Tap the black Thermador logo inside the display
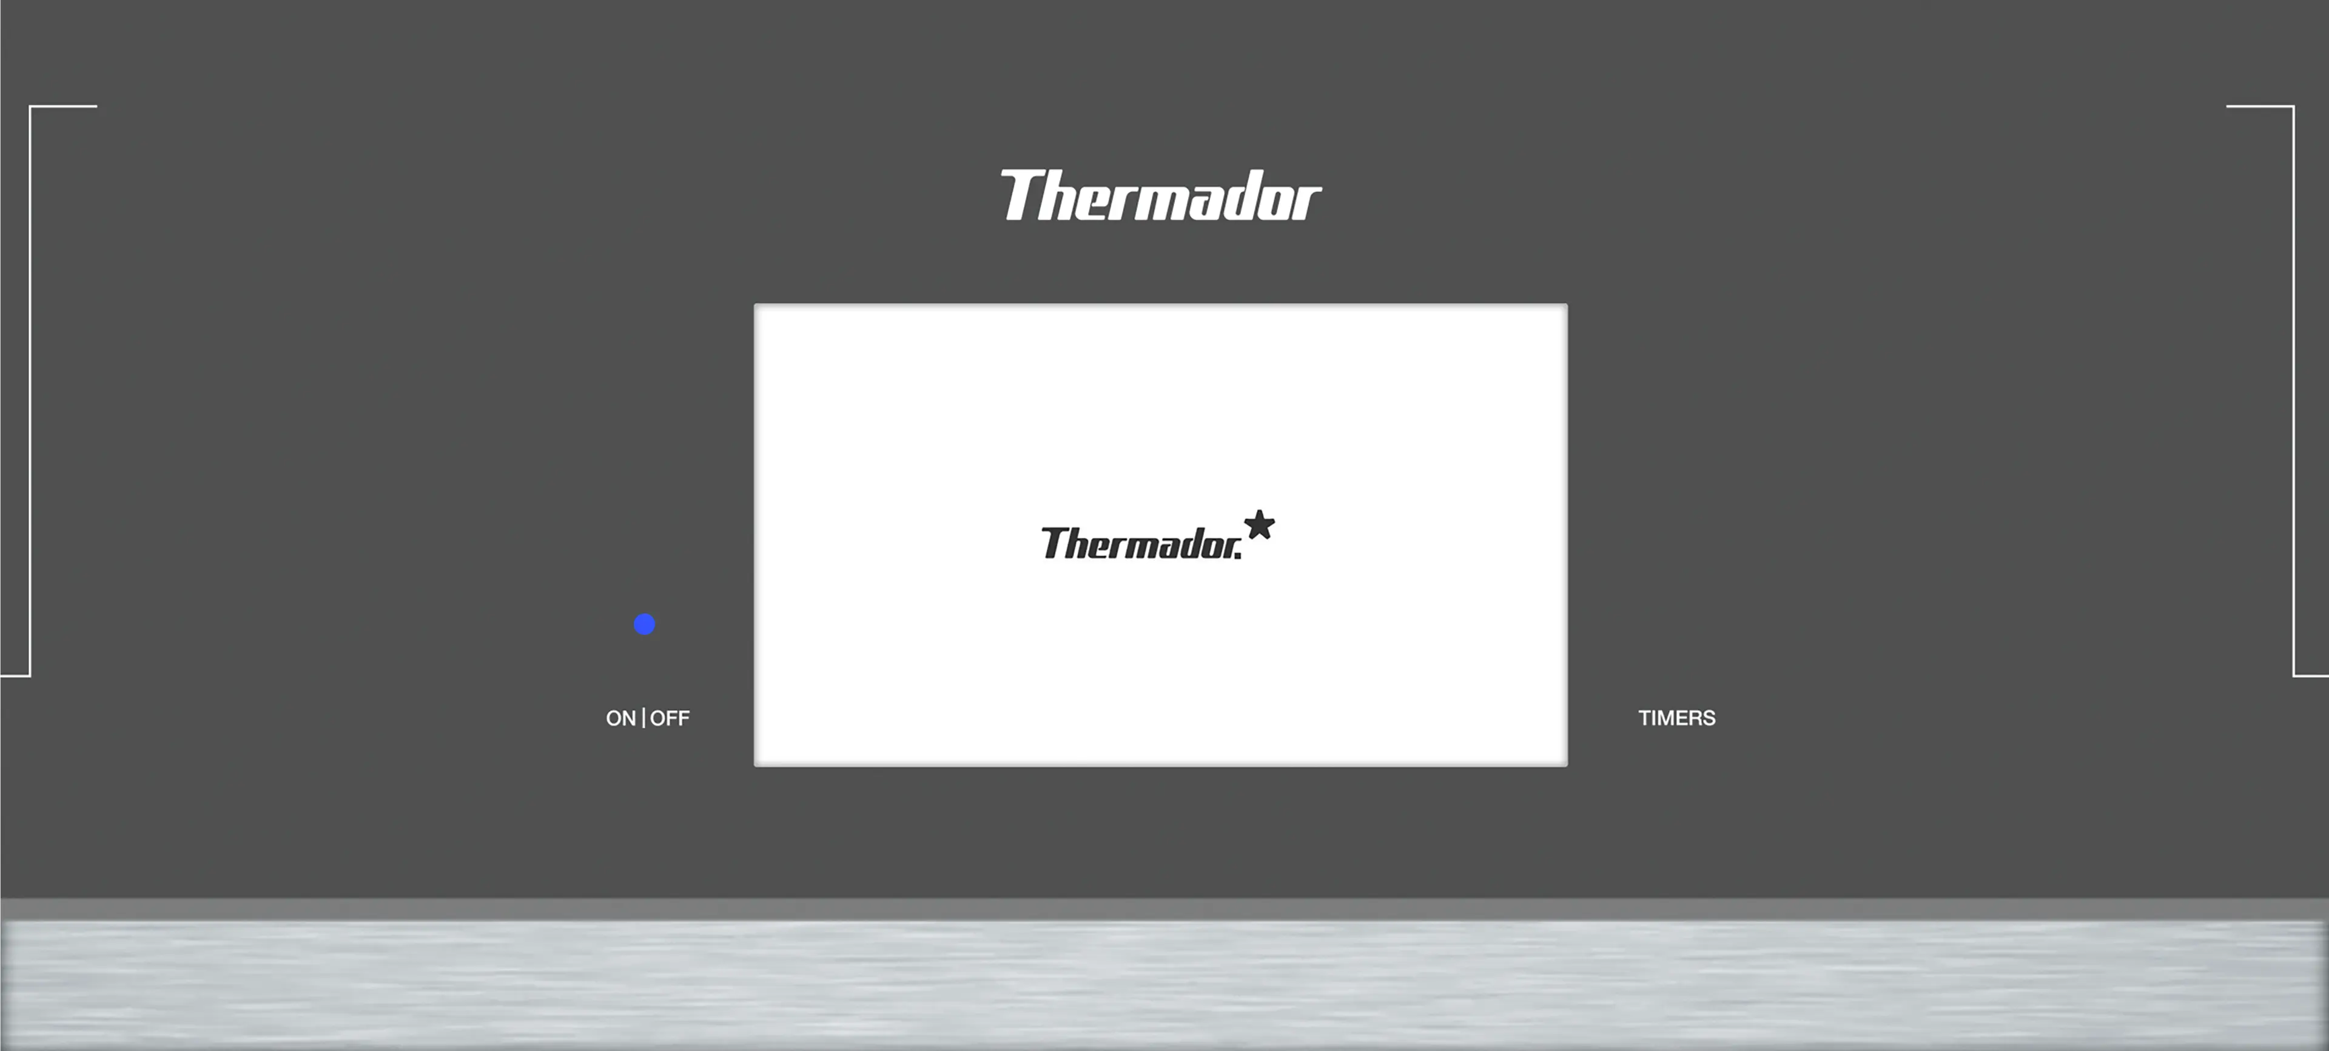click(1158, 535)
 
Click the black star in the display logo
click(1260, 525)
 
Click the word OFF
click(670, 718)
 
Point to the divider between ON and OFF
click(644, 718)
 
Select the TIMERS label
click(1677, 718)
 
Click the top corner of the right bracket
click(2294, 107)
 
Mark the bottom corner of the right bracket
click(2294, 675)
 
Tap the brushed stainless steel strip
click(1164, 984)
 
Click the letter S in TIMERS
click(1709, 718)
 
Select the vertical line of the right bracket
click(2294, 391)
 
